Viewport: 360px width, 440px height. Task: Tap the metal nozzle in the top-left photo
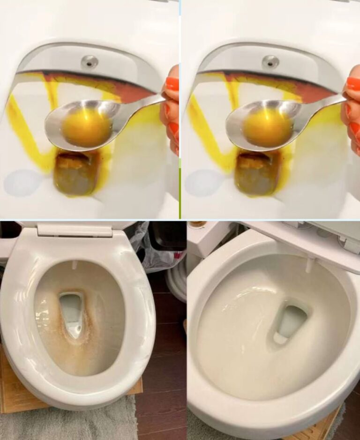click(x=89, y=61)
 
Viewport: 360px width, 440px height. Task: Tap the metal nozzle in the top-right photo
click(x=270, y=61)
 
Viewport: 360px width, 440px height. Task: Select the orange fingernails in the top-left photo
click(x=172, y=84)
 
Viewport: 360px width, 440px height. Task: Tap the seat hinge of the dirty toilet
click(x=75, y=230)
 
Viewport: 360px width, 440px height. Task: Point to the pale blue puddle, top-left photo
click(x=23, y=183)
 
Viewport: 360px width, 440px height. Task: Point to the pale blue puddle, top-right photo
click(x=203, y=183)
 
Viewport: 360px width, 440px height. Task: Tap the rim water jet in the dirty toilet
click(x=75, y=265)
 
